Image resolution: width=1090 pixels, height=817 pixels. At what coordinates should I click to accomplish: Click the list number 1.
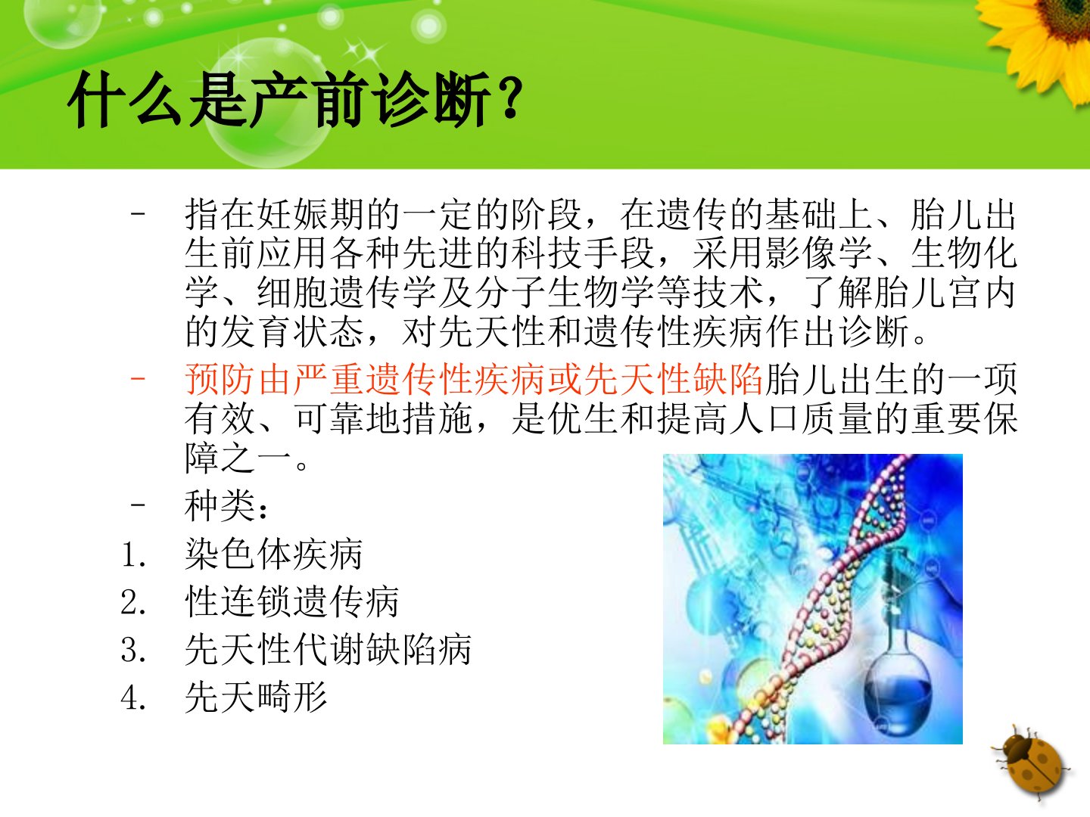point(133,554)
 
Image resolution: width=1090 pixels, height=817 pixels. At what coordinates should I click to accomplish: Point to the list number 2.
point(133,602)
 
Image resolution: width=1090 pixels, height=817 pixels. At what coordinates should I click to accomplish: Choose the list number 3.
point(133,650)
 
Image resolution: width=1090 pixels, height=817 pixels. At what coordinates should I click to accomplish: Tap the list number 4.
point(133,697)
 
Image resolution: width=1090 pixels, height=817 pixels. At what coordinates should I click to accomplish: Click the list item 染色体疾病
point(273,554)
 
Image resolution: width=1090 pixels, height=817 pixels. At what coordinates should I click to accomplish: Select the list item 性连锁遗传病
point(292,601)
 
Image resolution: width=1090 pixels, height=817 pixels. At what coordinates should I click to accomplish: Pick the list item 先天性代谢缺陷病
point(329,649)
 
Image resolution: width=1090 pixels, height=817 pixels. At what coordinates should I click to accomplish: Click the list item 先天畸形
point(256,697)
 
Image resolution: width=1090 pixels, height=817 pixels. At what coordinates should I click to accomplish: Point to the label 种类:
point(226,506)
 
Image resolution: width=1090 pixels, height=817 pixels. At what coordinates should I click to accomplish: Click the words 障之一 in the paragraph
point(238,458)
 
